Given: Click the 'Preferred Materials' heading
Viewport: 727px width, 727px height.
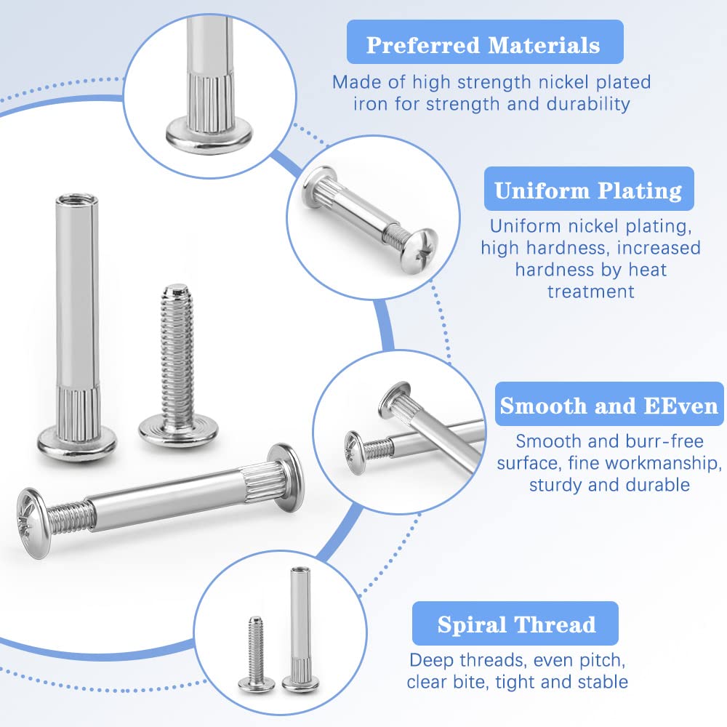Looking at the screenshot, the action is pos(483,45).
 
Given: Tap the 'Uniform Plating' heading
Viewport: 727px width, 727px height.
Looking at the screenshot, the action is pos(588,190).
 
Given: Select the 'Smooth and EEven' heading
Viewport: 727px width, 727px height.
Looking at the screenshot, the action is pos(608,405).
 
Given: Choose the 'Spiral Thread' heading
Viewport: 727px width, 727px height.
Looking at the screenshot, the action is pos(516,624).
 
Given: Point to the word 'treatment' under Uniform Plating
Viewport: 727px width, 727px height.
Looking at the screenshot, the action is pos(590,292).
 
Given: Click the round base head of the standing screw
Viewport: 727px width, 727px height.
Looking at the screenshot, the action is pos(179,433).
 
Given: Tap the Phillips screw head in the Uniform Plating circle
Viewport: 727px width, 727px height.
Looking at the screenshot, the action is pos(420,251).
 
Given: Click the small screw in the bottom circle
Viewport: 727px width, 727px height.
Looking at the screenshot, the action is pos(256,654).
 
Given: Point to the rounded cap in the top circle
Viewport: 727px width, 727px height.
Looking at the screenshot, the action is pos(209,135).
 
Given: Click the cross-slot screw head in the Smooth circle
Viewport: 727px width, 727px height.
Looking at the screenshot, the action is pos(354,452).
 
